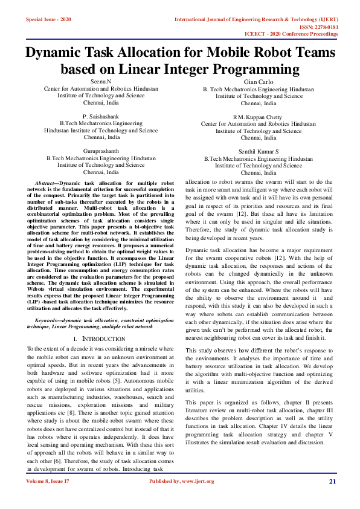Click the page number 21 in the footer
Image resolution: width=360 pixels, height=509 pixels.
[332, 481]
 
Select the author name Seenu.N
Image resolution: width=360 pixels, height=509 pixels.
[101, 81]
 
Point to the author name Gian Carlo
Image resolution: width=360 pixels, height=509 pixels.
[259, 82]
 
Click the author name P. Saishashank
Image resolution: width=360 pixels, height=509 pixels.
[101, 115]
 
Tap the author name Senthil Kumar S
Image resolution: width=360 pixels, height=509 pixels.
[259, 151]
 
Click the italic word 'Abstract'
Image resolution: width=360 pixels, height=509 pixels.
[45, 183]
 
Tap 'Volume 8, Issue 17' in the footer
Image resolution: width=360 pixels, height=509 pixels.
[48, 481]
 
